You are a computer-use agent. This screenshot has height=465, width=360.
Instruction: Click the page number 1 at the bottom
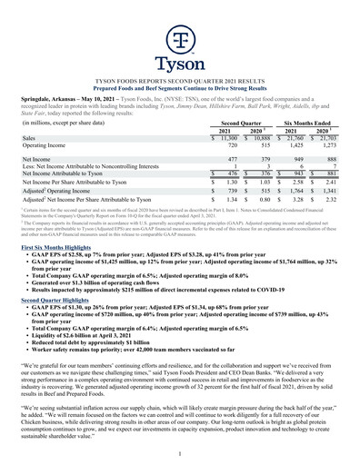[180, 451]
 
